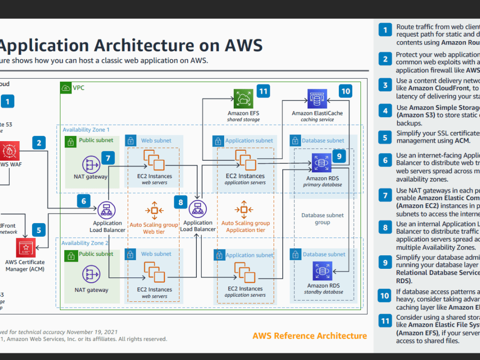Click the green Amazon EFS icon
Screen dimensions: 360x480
pyautogui.click(x=243, y=99)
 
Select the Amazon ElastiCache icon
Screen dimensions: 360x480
pyautogui.click(x=317, y=99)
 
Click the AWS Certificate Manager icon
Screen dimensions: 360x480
pyautogui.click(x=25, y=247)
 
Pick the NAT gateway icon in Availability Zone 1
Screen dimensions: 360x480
pyautogui.click(x=91, y=164)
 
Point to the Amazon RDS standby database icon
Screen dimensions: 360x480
pyautogui.click(x=320, y=271)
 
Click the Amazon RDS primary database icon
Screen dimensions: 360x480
pyautogui.click(x=320, y=163)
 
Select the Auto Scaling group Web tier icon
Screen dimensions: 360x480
pyautogui.click(x=154, y=210)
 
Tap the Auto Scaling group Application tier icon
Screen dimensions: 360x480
pyautogui.click(x=244, y=210)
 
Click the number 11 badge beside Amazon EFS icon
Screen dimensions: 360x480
pyautogui.click(x=263, y=90)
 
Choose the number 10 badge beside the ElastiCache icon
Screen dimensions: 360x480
pyautogui.click(x=345, y=90)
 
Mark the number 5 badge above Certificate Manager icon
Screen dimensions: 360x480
pyautogui.click(x=39, y=230)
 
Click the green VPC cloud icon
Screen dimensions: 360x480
pyautogui.click(x=66, y=88)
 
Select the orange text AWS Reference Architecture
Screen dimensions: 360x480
pyautogui.click(x=310, y=336)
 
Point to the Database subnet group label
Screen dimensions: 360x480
pyautogui.click(x=322, y=219)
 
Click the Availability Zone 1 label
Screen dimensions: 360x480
pyautogui.click(x=86, y=130)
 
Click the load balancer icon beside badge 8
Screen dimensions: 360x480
pyautogui.click(x=197, y=209)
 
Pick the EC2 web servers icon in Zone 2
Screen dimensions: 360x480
pyautogui.click(x=154, y=272)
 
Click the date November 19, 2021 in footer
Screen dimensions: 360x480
pyautogui.click(x=92, y=332)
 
